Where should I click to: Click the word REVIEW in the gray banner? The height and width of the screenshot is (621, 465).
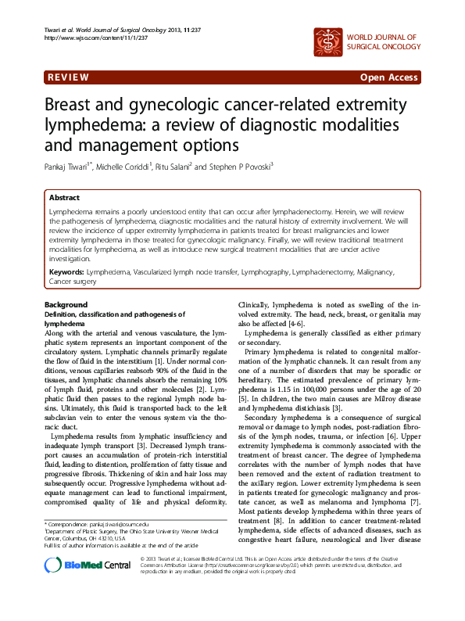pos(68,77)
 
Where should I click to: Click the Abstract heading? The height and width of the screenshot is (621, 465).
pos(64,199)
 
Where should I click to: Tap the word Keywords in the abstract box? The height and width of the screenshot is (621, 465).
pos(66,271)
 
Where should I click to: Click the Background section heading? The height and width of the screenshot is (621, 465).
pos(66,304)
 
